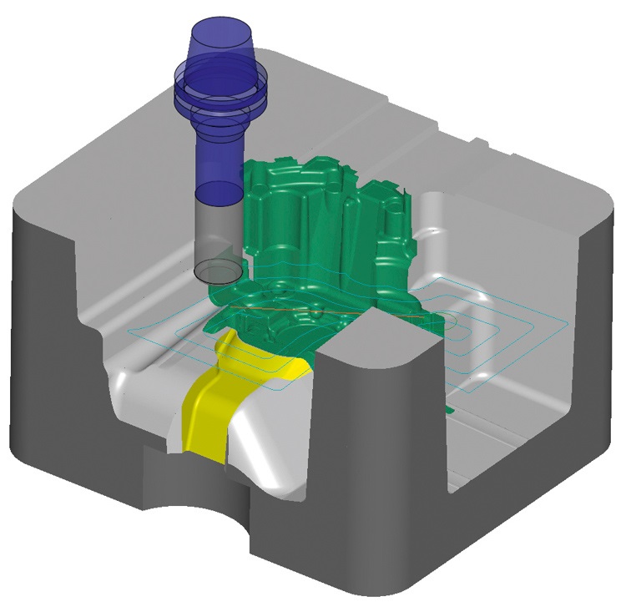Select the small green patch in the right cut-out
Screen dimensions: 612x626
point(449,409)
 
